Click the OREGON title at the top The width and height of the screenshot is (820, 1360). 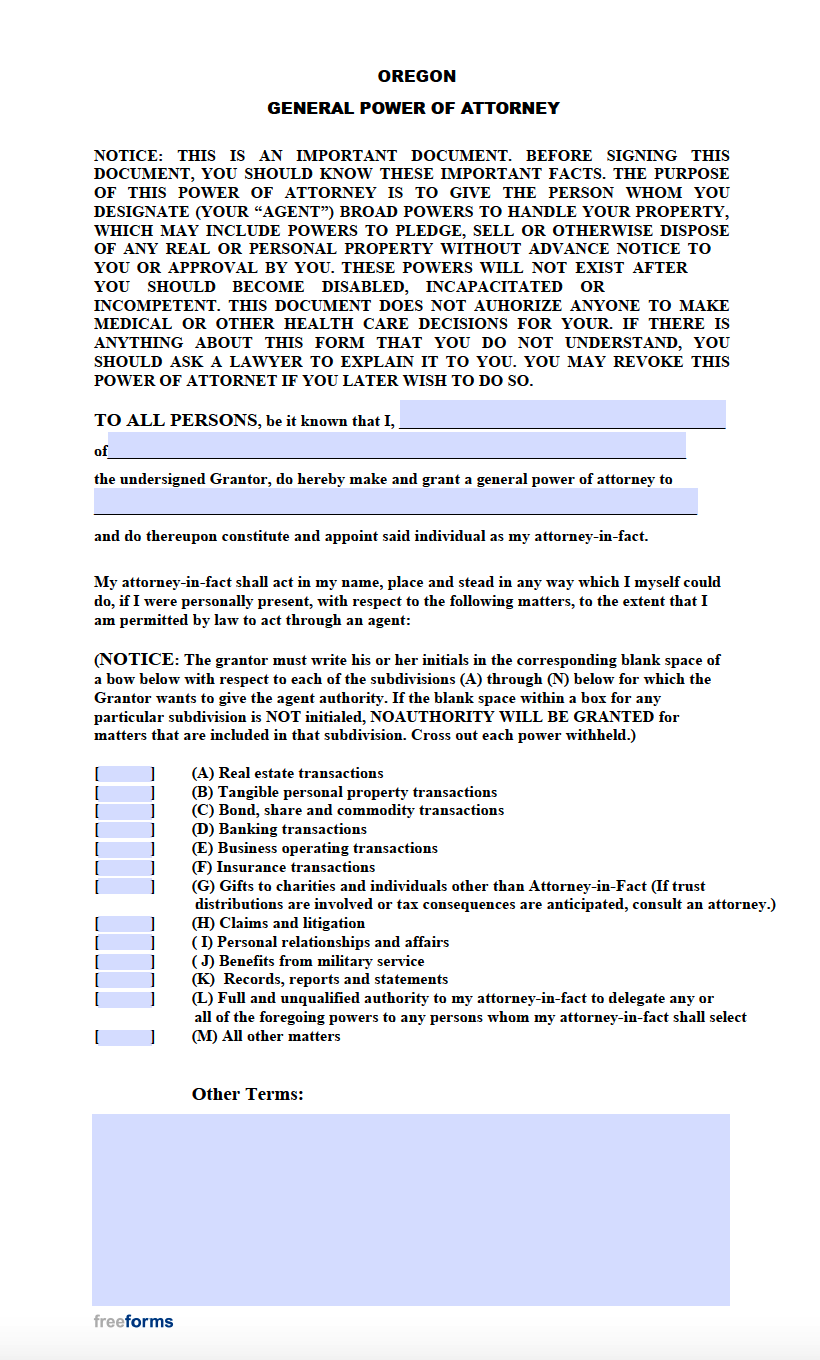tap(416, 76)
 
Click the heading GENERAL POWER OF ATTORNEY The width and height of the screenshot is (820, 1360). tap(413, 108)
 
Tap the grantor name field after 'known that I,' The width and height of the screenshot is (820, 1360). tap(562, 414)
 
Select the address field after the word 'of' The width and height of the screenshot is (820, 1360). tap(396, 446)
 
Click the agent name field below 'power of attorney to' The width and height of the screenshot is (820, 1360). tap(395, 501)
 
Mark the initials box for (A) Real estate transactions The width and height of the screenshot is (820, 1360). tap(125, 773)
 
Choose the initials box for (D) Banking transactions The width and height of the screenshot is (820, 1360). tap(125, 829)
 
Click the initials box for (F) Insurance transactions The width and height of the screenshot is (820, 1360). tap(125, 867)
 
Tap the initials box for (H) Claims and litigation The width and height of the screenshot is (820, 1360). tap(125, 923)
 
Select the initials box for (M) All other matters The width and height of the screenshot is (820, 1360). tap(125, 1037)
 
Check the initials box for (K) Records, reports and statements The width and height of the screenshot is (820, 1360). tap(125, 980)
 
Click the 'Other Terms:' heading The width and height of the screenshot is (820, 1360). tap(247, 1094)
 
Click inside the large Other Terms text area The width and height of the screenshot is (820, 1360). tap(410, 1209)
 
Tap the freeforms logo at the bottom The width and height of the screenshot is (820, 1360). tap(133, 1321)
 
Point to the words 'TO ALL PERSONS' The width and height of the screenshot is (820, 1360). tap(176, 420)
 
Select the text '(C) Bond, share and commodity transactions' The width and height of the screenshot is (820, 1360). tap(347, 810)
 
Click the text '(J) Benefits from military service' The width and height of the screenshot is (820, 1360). tap(307, 961)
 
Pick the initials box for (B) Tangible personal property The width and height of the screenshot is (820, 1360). tap(125, 792)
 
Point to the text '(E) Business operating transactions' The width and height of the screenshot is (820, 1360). tap(314, 848)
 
